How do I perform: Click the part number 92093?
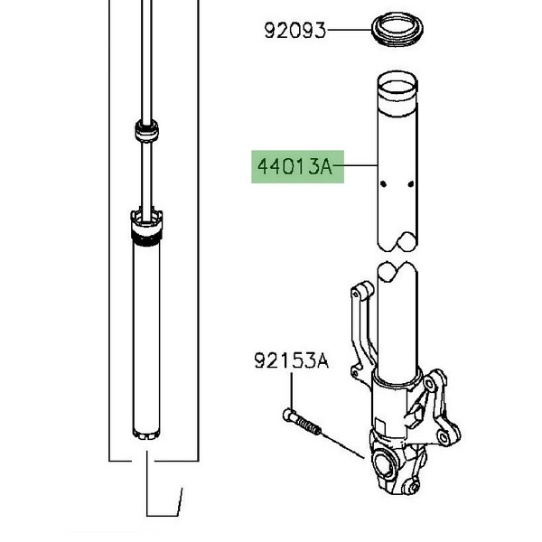click(294, 31)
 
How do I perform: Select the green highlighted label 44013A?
click(297, 166)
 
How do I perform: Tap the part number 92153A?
click(292, 360)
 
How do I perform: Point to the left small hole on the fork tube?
click(383, 184)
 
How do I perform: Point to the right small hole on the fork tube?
click(411, 184)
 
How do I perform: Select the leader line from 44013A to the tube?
click(355, 166)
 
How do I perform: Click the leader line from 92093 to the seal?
click(349, 30)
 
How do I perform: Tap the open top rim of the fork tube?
click(397, 80)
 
